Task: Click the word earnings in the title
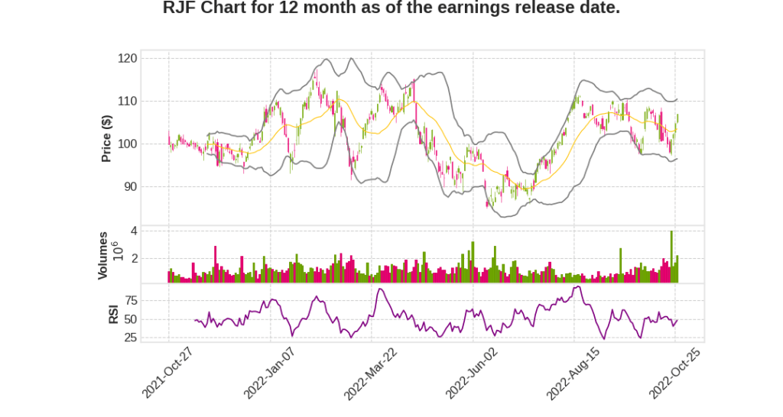pyautogui.click(x=463, y=9)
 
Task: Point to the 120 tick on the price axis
pyautogui.click(x=128, y=58)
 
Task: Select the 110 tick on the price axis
pyautogui.click(x=128, y=101)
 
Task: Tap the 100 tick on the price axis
pyautogui.click(x=128, y=144)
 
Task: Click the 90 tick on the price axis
pyautogui.click(x=131, y=186)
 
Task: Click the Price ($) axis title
pyautogui.click(x=107, y=137)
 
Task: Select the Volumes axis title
pyautogui.click(x=103, y=255)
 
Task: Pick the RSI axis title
pyautogui.click(x=112, y=314)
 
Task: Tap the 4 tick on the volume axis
pyautogui.click(x=134, y=231)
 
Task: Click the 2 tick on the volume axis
pyautogui.click(x=134, y=259)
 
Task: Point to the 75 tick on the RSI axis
pyautogui.click(x=131, y=300)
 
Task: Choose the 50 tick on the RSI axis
pyautogui.click(x=131, y=319)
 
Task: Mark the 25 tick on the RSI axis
pyautogui.click(x=131, y=338)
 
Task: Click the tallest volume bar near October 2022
pyautogui.click(x=671, y=257)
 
